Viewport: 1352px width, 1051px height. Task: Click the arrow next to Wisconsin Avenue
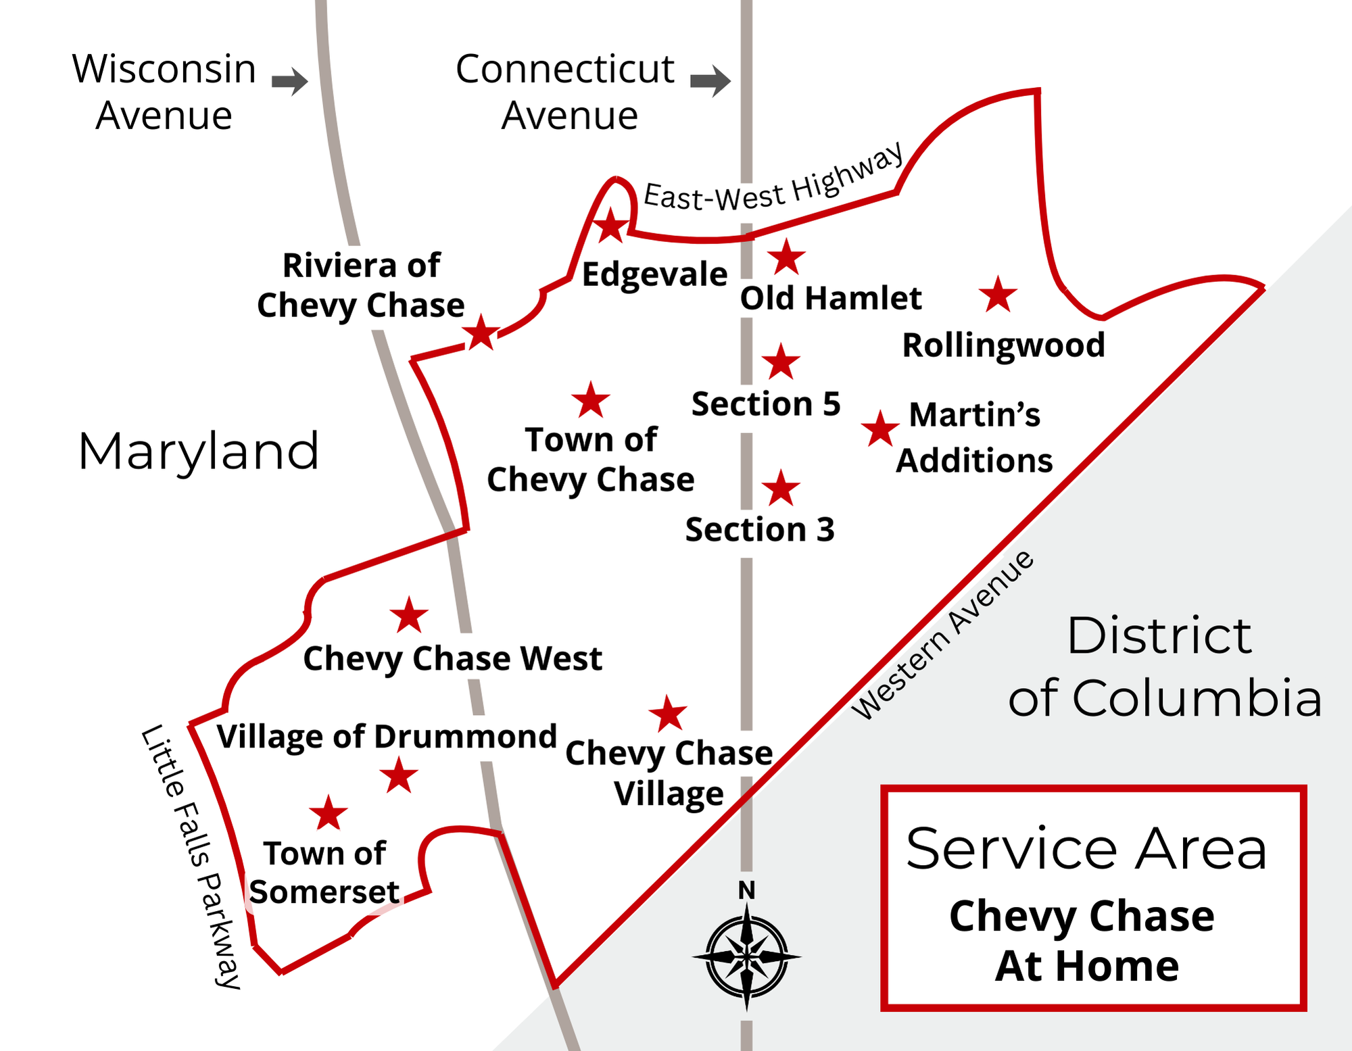click(x=289, y=82)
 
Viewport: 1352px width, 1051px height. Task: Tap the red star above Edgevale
click(x=610, y=226)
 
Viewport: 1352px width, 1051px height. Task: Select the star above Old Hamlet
click(x=786, y=257)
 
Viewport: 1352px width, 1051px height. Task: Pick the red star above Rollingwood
click(x=998, y=295)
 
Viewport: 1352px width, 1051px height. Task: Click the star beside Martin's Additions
click(x=879, y=429)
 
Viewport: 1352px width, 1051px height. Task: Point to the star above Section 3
click(x=781, y=489)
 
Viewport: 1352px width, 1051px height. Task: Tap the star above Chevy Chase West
click(x=409, y=615)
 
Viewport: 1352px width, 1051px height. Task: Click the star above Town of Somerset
click(x=329, y=813)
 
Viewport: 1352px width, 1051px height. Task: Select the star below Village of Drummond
click(x=399, y=775)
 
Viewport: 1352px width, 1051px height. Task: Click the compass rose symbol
click(x=746, y=957)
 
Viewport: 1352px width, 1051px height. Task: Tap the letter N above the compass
click(x=746, y=891)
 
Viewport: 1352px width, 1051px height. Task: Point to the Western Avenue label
click(x=943, y=635)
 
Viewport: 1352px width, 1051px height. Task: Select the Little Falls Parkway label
click(x=191, y=855)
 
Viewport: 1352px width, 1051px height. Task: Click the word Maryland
click(x=198, y=451)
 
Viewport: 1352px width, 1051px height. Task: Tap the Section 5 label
click(x=766, y=404)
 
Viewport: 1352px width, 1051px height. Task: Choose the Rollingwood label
click(x=1003, y=345)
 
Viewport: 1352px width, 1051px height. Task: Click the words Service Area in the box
click(x=1086, y=849)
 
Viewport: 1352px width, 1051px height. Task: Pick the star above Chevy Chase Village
click(x=668, y=714)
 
